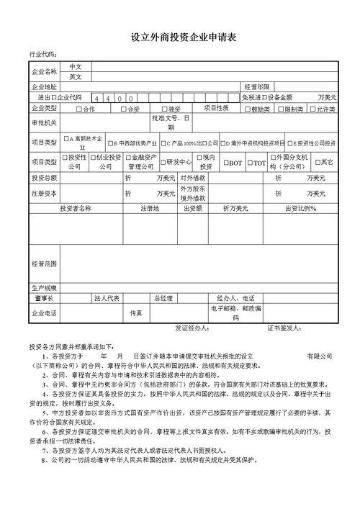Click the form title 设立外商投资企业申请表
[179, 37]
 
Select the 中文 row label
[76, 66]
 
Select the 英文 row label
[76, 76]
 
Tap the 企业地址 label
[44, 86]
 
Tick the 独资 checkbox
[163, 109]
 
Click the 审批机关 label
[44, 122]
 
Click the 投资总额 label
[44, 177]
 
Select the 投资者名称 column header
[76, 208]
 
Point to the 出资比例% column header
[301, 208]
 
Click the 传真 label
[136, 313]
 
